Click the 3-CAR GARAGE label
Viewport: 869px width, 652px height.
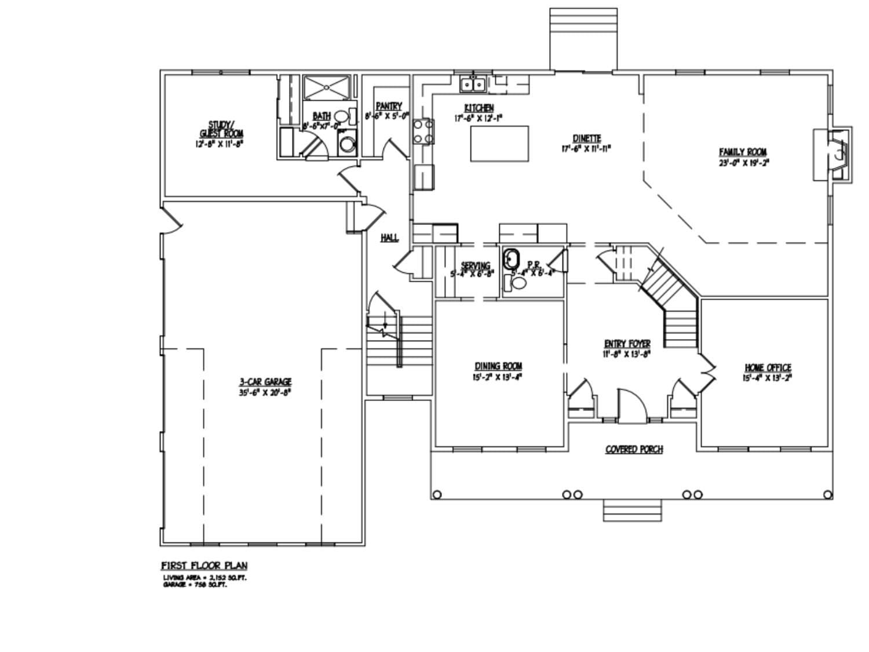coord(265,382)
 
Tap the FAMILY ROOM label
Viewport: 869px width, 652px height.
coord(743,152)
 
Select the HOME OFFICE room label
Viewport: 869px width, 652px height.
coord(768,368)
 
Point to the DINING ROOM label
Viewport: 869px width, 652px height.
coord(498,366)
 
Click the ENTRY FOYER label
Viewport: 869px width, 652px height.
coord(627,344)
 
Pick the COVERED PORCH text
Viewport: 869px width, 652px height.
coord(634,449)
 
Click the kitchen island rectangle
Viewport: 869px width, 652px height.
coord(499,144)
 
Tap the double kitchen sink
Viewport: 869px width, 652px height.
coord(473,85)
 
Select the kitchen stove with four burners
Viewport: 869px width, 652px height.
coord(423,131)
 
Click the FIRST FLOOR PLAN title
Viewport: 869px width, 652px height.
coord(204,566)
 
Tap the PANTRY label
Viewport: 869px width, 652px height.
coord(388,107)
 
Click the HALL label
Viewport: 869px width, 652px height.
coord(389,238)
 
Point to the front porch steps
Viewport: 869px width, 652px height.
coord(632,510)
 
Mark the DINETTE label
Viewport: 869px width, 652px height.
coord(587,139)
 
